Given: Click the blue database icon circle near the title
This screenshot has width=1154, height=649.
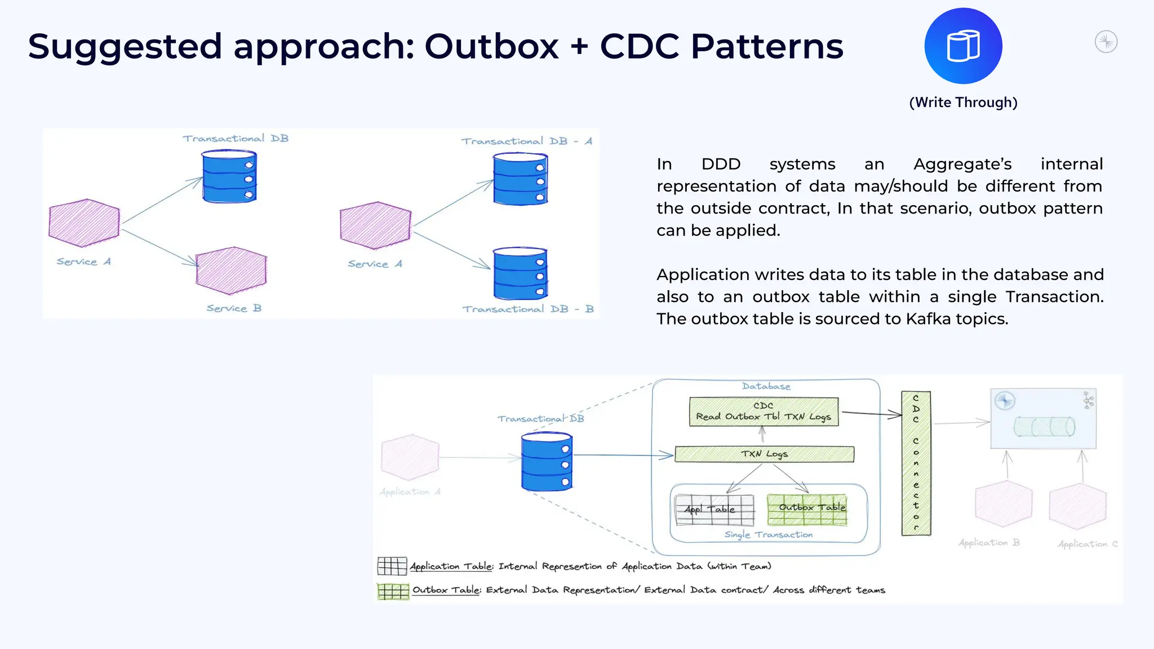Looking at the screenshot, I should (x=963, y=46).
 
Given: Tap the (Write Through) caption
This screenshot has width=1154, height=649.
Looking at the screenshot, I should (x=963, y=103).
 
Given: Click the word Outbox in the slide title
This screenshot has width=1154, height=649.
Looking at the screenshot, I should (x=491, y=46).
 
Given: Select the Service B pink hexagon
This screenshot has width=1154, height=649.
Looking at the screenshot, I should (x=231, y=270).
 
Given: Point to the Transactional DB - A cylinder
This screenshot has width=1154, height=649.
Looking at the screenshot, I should (x=520, y=179).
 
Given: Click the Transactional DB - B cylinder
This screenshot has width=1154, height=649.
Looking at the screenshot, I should (x=520, y=274).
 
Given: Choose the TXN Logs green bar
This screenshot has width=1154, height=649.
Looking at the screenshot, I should (x=764, y=454).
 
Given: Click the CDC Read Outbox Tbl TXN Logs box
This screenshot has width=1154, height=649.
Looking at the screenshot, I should (x=764, y=412).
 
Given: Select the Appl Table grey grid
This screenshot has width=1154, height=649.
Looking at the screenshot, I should (x=714, y=509).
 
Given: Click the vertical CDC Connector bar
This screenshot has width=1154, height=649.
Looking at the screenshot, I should (x=916, y=463).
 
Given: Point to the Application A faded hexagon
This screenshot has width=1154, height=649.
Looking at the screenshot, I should (x=410, y=457).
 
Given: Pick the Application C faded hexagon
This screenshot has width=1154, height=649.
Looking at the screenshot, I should (x=1077, y=506).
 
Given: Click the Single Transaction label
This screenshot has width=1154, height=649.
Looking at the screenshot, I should (x=769, y=535).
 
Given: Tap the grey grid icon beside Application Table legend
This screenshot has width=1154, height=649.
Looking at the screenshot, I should (x=392, y=566).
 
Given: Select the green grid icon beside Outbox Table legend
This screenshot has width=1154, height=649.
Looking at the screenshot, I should (x=393, y=592).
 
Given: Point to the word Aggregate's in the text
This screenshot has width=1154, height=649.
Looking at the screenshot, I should (x=962, y=164).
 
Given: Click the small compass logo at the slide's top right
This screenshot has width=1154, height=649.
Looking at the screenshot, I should (x=1106, y=42).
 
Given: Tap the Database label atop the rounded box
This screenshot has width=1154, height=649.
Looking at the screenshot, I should (x=766, y=386).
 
